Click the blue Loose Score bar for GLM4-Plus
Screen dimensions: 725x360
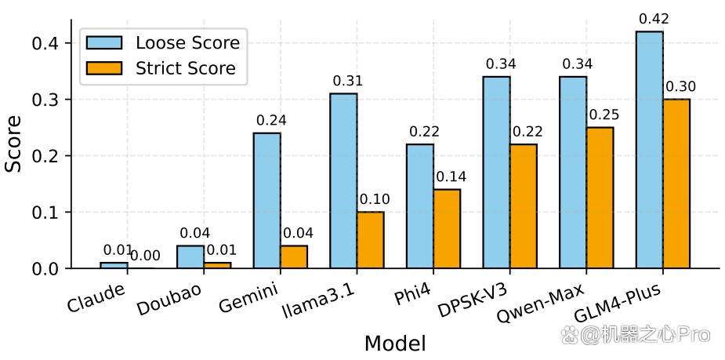(650, 150)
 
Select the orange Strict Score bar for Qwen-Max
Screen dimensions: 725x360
(600, 198)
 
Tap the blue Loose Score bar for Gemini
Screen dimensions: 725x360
(266, 200)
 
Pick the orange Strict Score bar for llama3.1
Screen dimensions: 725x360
(370, 240)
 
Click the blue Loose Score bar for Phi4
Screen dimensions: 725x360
(420, 206)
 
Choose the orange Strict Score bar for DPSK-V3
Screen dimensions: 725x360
(524, 206)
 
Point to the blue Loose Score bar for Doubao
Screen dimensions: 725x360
(190, 256)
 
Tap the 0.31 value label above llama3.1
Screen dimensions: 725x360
(348, 82)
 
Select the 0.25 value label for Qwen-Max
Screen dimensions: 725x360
(604, 115)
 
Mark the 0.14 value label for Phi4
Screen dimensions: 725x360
(451, 176)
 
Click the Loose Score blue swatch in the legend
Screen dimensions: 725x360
(104, 43)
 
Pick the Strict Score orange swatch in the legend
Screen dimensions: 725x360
(104, 68)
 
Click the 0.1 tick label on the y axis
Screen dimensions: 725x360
(45, 213)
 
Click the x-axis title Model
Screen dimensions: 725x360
(395, 344)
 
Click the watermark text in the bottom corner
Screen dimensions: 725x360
(636, 334)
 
